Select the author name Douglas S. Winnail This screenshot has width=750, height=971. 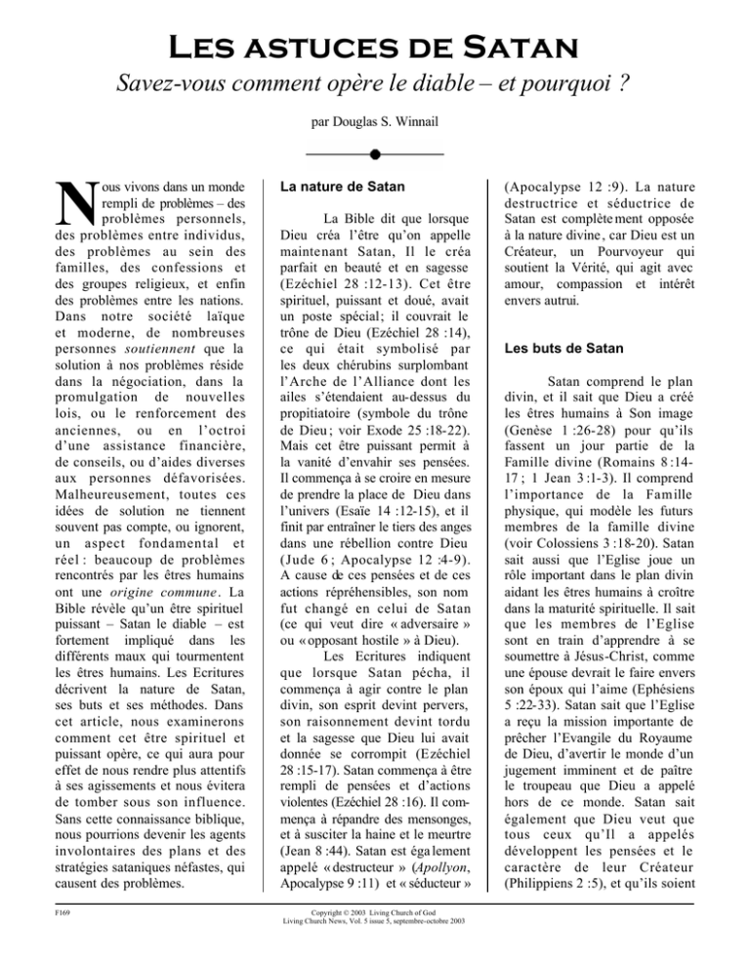pos(375,126)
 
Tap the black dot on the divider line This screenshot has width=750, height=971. pos(375,154)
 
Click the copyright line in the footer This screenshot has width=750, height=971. pos(375,944)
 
